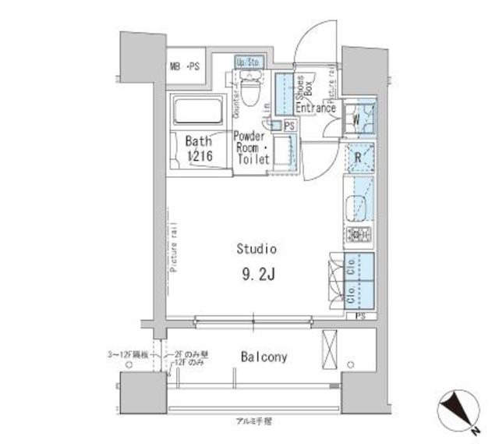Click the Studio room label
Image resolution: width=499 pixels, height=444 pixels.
click(x=257, y=250)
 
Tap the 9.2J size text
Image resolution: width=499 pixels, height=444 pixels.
click(x=257, y=275)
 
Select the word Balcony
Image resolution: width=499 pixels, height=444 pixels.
click(x=263, y=358)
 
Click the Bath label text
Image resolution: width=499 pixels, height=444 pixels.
click(x=198, y=142)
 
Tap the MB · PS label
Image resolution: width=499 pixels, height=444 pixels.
click(x=185, y=66)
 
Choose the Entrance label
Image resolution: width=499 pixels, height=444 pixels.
click(x=315, y=108)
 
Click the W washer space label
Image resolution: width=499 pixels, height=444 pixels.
click(x=356, y=120)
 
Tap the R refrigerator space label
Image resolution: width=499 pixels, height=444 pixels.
click(x=358, y=156)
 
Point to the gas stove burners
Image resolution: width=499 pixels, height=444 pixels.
click(x=359, y=235)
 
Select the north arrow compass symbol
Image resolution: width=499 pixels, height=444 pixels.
click(x=459, y=408)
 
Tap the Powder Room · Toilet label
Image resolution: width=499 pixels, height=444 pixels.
click(x=252, y=147)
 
